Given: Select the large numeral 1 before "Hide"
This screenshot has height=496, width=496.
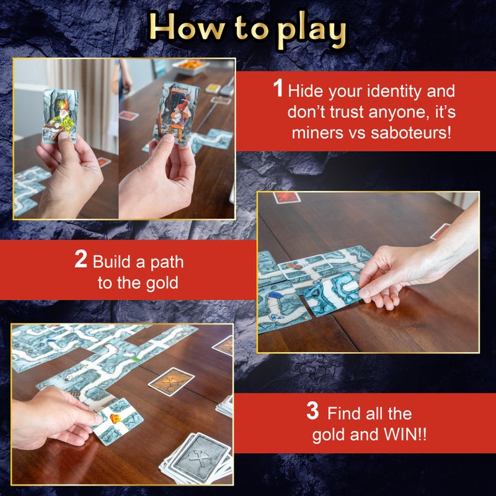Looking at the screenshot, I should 279,89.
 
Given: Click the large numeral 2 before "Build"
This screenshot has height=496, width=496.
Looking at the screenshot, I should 81,259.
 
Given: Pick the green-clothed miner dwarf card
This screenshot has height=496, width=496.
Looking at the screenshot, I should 61,116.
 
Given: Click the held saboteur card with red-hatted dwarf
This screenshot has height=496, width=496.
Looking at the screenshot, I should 175,113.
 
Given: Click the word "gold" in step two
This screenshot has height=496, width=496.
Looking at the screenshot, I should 164,283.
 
